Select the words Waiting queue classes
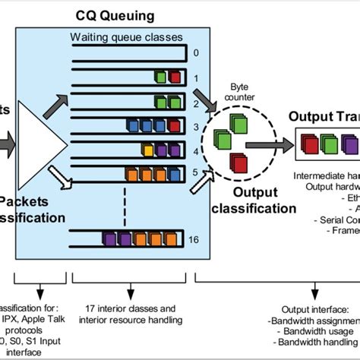coord(131,36)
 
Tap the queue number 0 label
coord(195,54)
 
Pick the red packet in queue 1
coord(175,77)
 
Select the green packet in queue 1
coord(160,77)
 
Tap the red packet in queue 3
coord(175,125)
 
